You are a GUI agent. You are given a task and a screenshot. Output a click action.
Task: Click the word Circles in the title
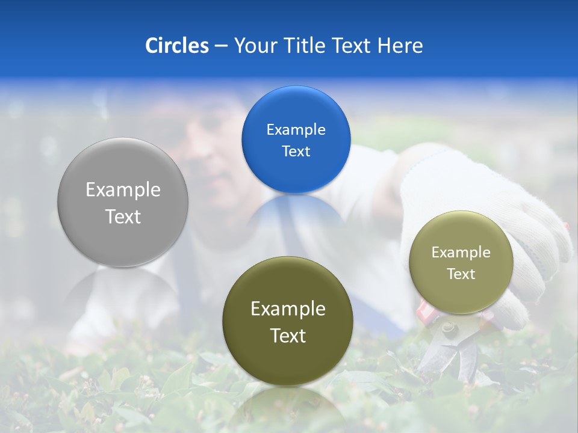click(176, 46)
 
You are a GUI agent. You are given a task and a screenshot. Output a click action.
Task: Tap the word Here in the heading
click(400, 46)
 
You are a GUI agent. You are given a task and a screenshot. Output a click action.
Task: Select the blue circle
click(296, 140)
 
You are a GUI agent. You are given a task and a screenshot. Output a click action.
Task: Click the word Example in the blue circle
click(296, 129)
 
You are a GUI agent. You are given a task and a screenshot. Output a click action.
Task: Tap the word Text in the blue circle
click(296, 151)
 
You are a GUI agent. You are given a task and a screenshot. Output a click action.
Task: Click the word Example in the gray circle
click(123, 190)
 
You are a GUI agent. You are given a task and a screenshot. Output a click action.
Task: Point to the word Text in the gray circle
click(123, 216)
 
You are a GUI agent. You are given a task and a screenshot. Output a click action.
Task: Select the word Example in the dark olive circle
click(288, 309)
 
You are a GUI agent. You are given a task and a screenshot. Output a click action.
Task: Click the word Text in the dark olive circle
click(288, 336)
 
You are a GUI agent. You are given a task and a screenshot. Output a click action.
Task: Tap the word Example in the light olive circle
click(461, 253)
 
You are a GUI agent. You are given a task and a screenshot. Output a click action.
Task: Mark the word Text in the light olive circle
click(461, 274)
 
